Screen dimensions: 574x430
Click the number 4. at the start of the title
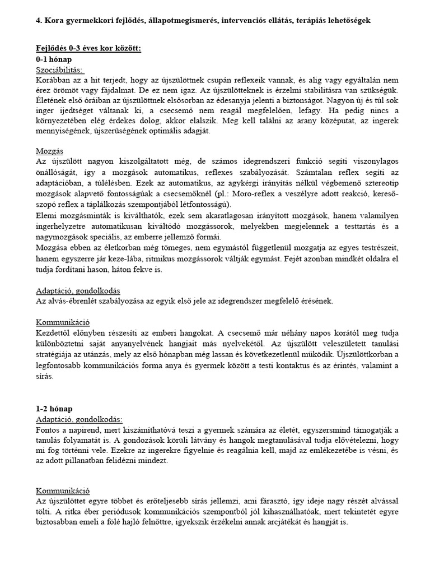point(39,20)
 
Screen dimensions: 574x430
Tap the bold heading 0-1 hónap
point(53,59)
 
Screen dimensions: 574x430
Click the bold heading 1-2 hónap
point(53,409)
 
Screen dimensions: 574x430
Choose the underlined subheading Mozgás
point(49,151)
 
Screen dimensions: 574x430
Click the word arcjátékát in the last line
point(285,521)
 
